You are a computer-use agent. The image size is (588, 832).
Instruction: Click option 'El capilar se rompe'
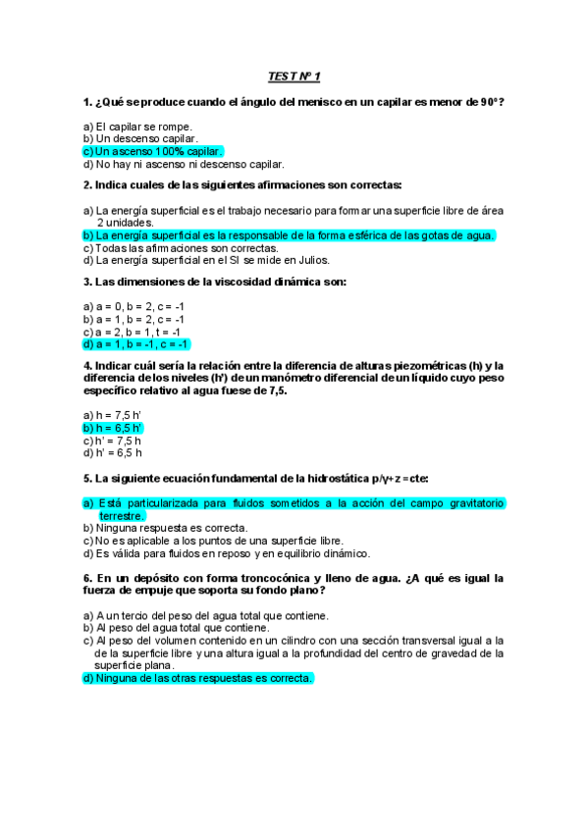click(x=143, y=127)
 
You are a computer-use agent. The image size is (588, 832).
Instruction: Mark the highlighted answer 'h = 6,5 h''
click(x=118, y=428)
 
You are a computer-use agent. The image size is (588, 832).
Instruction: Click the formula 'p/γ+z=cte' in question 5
click(x=397, y=479)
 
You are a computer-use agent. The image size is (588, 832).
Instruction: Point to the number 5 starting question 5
click(x=87, y=479)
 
